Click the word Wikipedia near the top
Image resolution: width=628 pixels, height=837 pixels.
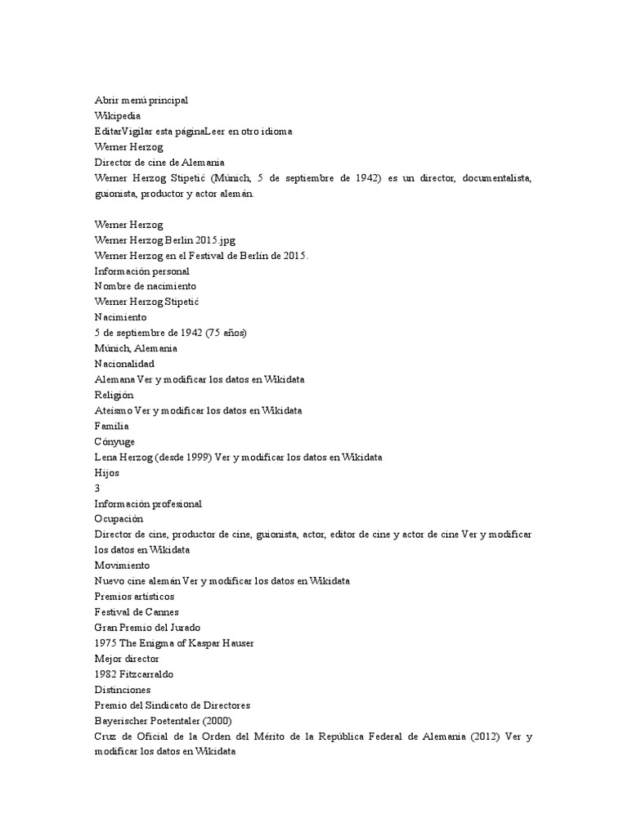point(118,116)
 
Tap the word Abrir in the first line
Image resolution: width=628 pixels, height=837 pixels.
point(107,100)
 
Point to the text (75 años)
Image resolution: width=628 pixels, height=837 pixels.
point(229,333)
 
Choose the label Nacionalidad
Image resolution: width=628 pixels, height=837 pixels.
point(124,364)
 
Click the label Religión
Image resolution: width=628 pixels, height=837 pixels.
point(114,395)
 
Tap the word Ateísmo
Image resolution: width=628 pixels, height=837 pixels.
point(113,410)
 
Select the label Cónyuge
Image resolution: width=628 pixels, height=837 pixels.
point(114,441)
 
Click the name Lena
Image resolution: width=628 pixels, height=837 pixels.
point(106,457)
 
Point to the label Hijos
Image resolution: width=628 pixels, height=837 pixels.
point(107,472)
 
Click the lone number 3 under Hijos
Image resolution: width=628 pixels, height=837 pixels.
point(97,488)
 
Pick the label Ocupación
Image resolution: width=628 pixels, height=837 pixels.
point(119,518)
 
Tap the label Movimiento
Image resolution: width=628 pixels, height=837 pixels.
point(122,565)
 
